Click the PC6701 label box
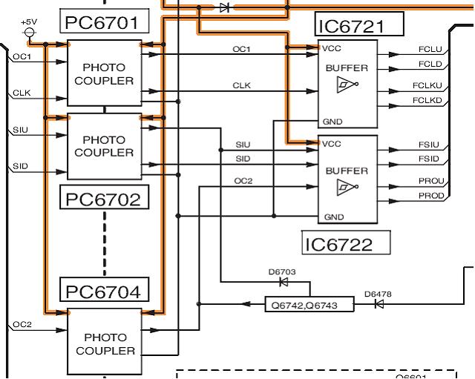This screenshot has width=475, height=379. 102,23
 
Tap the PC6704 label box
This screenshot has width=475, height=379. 102,291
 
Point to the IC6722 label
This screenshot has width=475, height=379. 347,243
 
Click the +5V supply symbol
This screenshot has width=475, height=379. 30,31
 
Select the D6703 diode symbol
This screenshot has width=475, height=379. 282,282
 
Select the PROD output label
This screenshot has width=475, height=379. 431,195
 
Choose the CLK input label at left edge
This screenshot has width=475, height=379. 21,93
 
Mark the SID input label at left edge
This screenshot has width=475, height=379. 20,166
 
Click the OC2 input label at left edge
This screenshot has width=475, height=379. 22,325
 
